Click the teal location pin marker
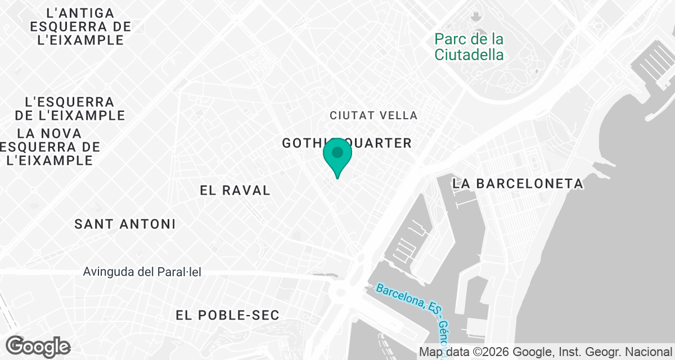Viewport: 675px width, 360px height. [337, 156]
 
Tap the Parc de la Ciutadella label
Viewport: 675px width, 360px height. [469, 47]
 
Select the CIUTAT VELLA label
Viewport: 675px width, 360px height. [373, 115]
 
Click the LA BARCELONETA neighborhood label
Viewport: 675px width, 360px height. [518, 184]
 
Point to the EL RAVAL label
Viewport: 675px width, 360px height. [235, 190]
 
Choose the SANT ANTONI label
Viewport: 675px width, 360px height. [125, 224]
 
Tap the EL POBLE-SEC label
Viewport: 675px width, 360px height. [227, 315]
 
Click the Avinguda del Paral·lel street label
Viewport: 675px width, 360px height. [142, 272]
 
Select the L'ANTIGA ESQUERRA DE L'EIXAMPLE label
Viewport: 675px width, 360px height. [80, 26]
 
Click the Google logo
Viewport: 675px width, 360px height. [38, 346]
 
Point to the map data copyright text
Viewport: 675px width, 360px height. [545, 352]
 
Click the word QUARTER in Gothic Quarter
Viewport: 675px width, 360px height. [379, 143]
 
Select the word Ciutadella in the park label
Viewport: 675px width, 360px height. [469, 55]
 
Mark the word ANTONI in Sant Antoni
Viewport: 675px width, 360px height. [148, 224]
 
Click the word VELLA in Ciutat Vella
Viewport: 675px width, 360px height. [399, 115]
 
